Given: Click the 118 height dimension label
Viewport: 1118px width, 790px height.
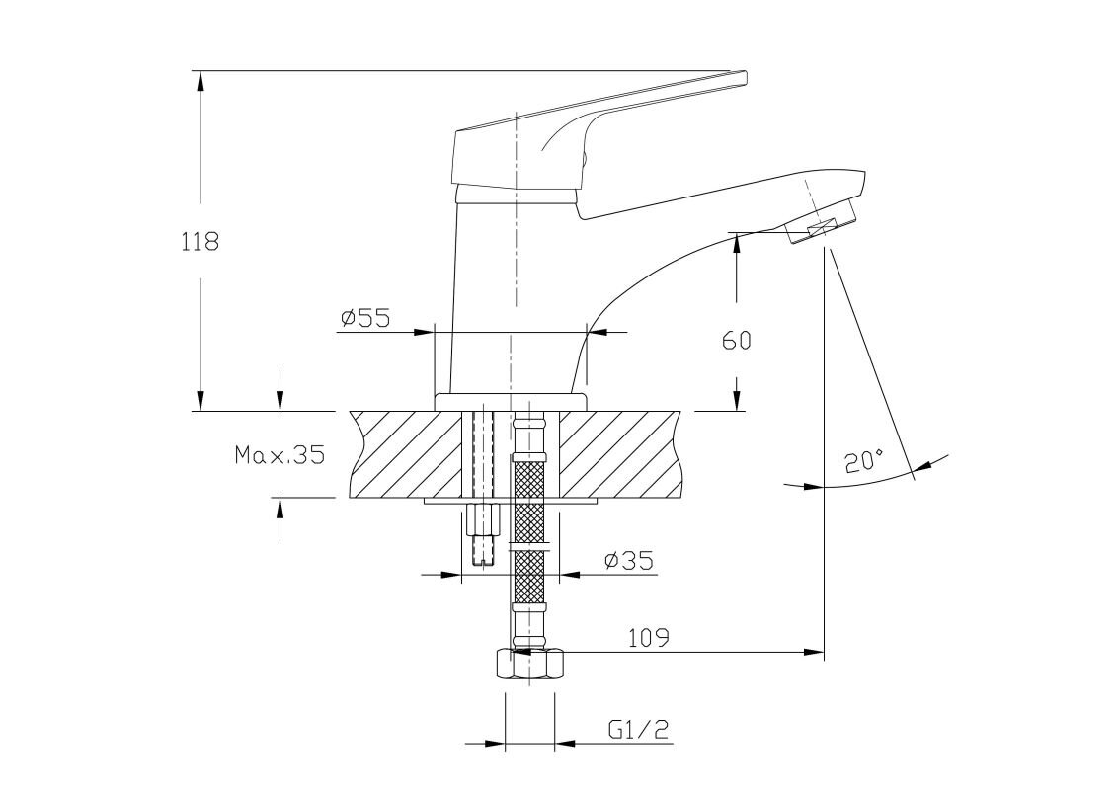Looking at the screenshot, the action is tap(200, 242).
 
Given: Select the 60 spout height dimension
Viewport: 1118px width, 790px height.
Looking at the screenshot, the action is tap(737, 341).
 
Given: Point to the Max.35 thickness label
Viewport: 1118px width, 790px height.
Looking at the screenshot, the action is tap(279, 454).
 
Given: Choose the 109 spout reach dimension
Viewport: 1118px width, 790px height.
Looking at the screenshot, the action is tap(649, 637).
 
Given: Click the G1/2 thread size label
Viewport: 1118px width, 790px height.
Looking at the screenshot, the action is tap(640, 729).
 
